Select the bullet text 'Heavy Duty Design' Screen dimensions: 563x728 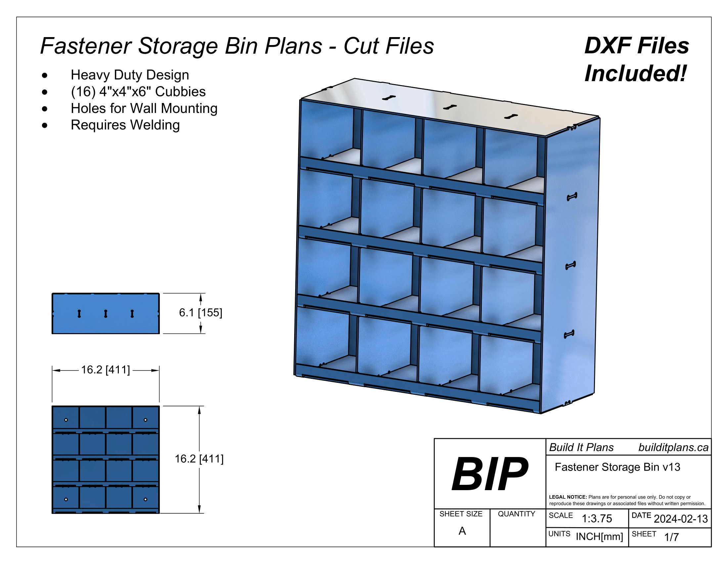[130, 75]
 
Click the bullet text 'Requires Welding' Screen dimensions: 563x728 [125, 125]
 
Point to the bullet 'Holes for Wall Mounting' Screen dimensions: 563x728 [144, 108]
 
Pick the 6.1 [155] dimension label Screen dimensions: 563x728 [200, 313]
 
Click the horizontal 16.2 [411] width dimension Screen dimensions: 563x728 [105, 370]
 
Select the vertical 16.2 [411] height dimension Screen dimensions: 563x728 [199, 459]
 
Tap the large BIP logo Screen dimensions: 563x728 [490, 474]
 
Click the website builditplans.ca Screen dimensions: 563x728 [673, 448]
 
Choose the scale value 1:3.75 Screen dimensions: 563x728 [597, 519]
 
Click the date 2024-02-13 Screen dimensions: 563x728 [681, 519]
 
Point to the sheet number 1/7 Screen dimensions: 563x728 [671, 537]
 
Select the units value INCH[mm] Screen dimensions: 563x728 [599, 537]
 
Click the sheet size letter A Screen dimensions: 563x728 [462, 531]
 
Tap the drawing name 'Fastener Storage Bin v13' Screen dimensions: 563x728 [617, 467]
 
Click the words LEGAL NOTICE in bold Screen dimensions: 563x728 [568, 497]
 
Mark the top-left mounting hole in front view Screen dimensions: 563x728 [66, 420]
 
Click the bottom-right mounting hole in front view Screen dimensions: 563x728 [145, 499]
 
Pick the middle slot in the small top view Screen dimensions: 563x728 [106, 314]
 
